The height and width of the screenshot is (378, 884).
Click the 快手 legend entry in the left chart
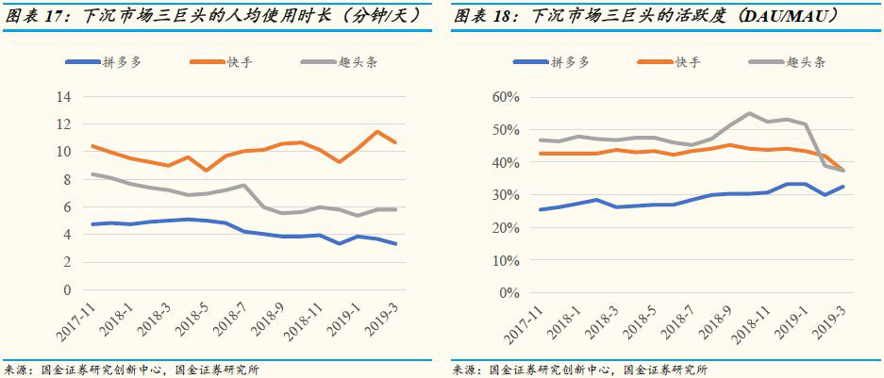(223, 62)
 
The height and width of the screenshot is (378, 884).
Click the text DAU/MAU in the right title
(815, 15)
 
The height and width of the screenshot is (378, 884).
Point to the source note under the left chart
(132, 370)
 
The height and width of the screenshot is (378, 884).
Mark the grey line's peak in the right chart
(749, 114)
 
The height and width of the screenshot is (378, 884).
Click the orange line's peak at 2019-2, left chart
(378, 132)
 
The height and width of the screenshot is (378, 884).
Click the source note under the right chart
(580, 370)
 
